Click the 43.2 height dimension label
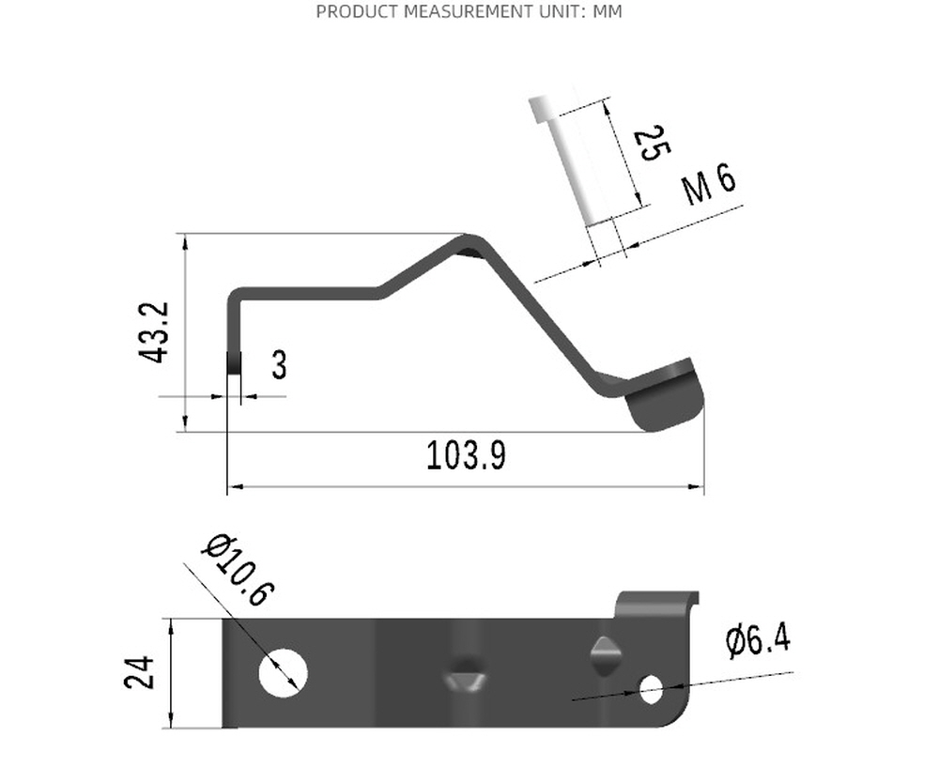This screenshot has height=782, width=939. click(154, 333)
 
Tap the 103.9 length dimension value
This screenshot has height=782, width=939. click(466, 455)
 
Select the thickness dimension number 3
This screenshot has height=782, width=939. click(279, 364)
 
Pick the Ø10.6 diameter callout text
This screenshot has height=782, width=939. click(239, 570)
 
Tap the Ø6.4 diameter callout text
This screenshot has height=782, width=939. click(758, 639)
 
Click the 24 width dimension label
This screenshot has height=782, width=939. click(140, 672)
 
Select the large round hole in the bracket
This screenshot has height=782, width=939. click(284, 672)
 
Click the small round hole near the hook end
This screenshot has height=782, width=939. click(652, 690)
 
